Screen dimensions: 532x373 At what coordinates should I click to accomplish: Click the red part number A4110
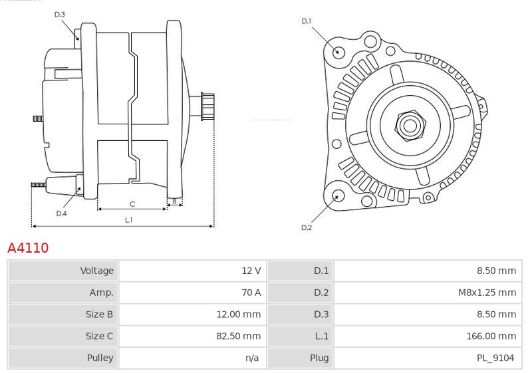[x=28, y=248]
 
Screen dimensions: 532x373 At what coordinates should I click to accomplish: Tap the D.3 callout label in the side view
[x=59, y=15]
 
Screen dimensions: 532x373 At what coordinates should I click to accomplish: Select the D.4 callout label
[x=61, y=213]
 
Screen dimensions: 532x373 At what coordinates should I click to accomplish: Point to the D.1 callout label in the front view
[x=307, y=21]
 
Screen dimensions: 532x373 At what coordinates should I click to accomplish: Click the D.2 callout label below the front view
[x=307, y=227]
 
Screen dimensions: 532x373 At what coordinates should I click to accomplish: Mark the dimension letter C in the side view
[x=132, y=204]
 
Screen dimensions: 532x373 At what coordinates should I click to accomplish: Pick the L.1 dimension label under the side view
[x=128, y=220]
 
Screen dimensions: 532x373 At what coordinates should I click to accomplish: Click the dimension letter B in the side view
[x=174, y=201]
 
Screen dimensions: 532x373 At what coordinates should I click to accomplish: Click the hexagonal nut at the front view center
[x=410, y=126]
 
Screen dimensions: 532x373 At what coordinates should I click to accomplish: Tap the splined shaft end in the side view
[x=207, y=106]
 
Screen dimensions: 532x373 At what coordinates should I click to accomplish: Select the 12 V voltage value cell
[x=251, y=271]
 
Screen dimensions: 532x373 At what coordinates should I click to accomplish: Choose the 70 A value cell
[x=251, y=293]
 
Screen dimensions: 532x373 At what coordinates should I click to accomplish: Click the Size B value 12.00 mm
[x=239, y=314]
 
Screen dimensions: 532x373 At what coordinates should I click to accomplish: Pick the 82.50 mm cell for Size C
[x=239, y=336]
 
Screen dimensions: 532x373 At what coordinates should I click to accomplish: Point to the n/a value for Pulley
[x=252, y=358]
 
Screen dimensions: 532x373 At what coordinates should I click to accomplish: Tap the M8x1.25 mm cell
[x=487, y=293]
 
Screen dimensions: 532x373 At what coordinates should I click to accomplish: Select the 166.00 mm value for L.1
[x=491, y=336]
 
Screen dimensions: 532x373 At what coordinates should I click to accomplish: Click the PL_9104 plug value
[x=495, y=358]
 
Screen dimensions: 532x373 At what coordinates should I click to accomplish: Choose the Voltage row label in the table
[x=96, y=271]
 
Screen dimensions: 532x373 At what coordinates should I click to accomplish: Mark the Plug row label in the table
[x=319, y=358]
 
